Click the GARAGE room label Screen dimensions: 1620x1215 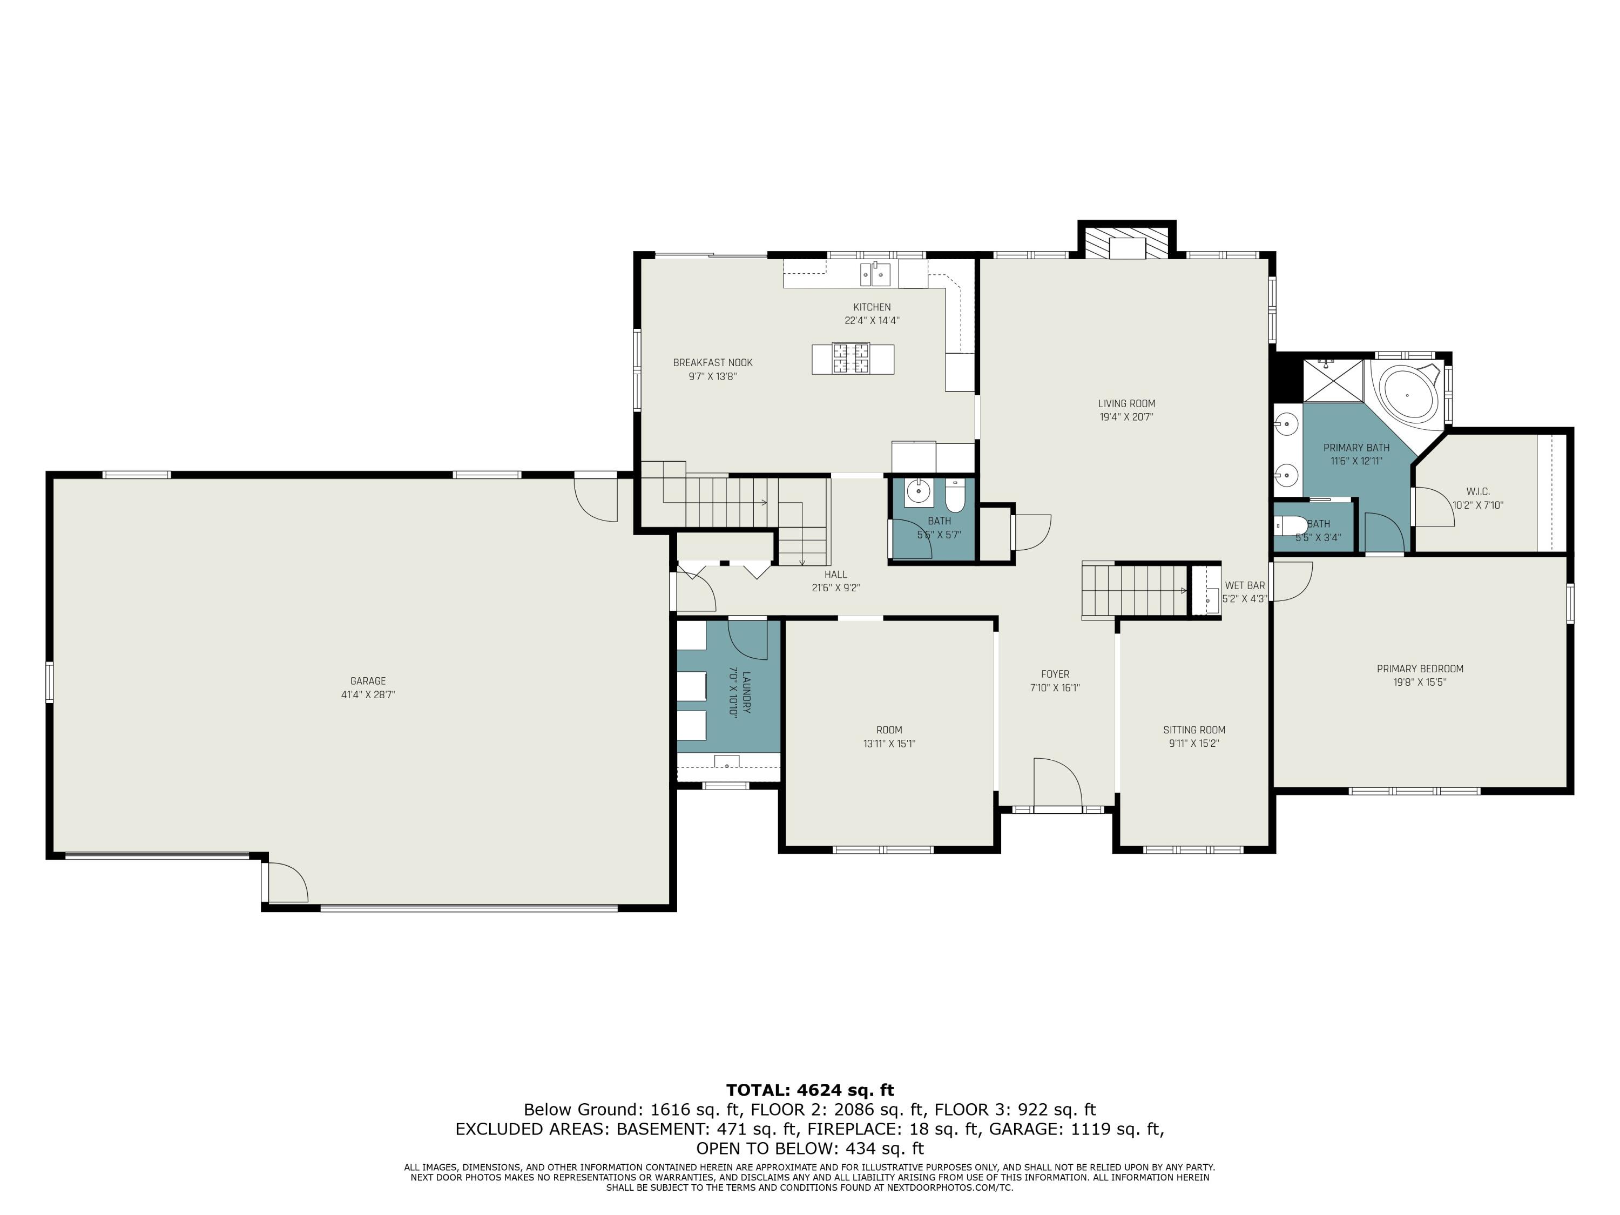pyautogui.click(x=368, y=681)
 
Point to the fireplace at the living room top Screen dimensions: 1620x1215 pyautogui.click(x=1126, y=242)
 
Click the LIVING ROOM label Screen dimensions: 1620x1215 pyautogui.click(x=1126, y=403)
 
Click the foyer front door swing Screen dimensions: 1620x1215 pyautogui.click(x=1057, y=782)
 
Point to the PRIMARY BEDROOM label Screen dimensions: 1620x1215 pyautogui.click(x=1420, y=669)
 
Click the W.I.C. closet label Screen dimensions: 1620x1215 pyautogui.click(x=1478, y=491)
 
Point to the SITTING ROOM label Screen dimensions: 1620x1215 pyautogui.click(x=1194, y=730)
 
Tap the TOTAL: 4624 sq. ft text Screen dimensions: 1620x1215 pyautogui.click(x=810, y=1090)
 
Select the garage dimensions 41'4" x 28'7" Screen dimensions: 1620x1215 pyautogui.click(x=368, y=695)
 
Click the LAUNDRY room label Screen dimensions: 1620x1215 pyautogui.click(x=746, y=693)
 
